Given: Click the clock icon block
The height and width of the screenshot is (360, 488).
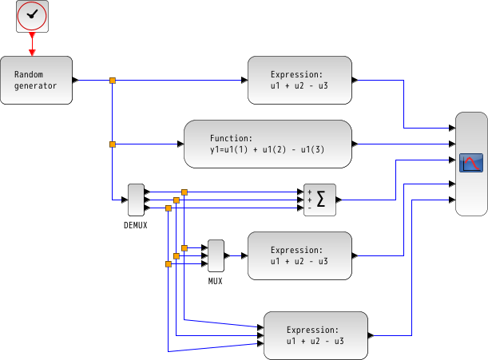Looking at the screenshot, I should coord(32,16).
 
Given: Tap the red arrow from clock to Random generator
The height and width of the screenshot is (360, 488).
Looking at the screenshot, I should coord(32,45).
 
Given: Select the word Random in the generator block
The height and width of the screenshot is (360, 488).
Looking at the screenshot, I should coord(28,74).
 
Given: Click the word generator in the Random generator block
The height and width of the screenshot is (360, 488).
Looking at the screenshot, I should coord(35,85).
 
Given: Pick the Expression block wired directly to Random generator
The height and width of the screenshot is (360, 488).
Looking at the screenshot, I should coord(299,80).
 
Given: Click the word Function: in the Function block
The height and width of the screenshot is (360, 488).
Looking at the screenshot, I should coord(231,138).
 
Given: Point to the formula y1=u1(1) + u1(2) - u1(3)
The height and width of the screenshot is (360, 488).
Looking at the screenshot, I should coord(268,149).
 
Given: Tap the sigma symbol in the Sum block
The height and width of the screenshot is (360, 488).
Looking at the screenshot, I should coord(321,200).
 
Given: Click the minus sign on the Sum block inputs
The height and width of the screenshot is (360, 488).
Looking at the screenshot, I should coord(309,208).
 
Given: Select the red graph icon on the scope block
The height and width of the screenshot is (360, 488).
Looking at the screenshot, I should coord(471,163).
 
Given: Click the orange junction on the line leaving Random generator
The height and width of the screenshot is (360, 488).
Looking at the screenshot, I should coord(112,80).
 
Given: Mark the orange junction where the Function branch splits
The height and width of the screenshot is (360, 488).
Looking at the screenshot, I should coord(112,144).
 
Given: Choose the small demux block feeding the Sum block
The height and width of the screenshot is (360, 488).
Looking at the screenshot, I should coord(136,200).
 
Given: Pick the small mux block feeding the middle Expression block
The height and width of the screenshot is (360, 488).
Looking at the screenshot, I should coord(216,255).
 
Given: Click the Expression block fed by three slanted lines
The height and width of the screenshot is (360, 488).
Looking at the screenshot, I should coord(315,335).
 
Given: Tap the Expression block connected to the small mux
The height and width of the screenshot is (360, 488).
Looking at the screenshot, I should coord(299,255).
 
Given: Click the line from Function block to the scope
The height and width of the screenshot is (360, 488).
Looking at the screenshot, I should coord(399,144).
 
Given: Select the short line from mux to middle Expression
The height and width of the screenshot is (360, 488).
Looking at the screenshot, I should coord(235,255).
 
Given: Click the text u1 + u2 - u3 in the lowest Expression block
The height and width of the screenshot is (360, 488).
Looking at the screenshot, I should coord(315,341).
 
